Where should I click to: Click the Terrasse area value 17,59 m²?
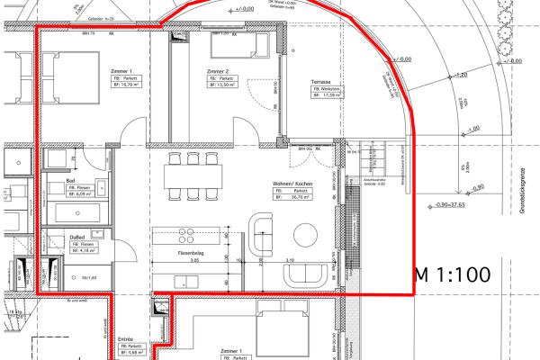click(331, 97)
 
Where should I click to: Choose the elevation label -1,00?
click(473, 129)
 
